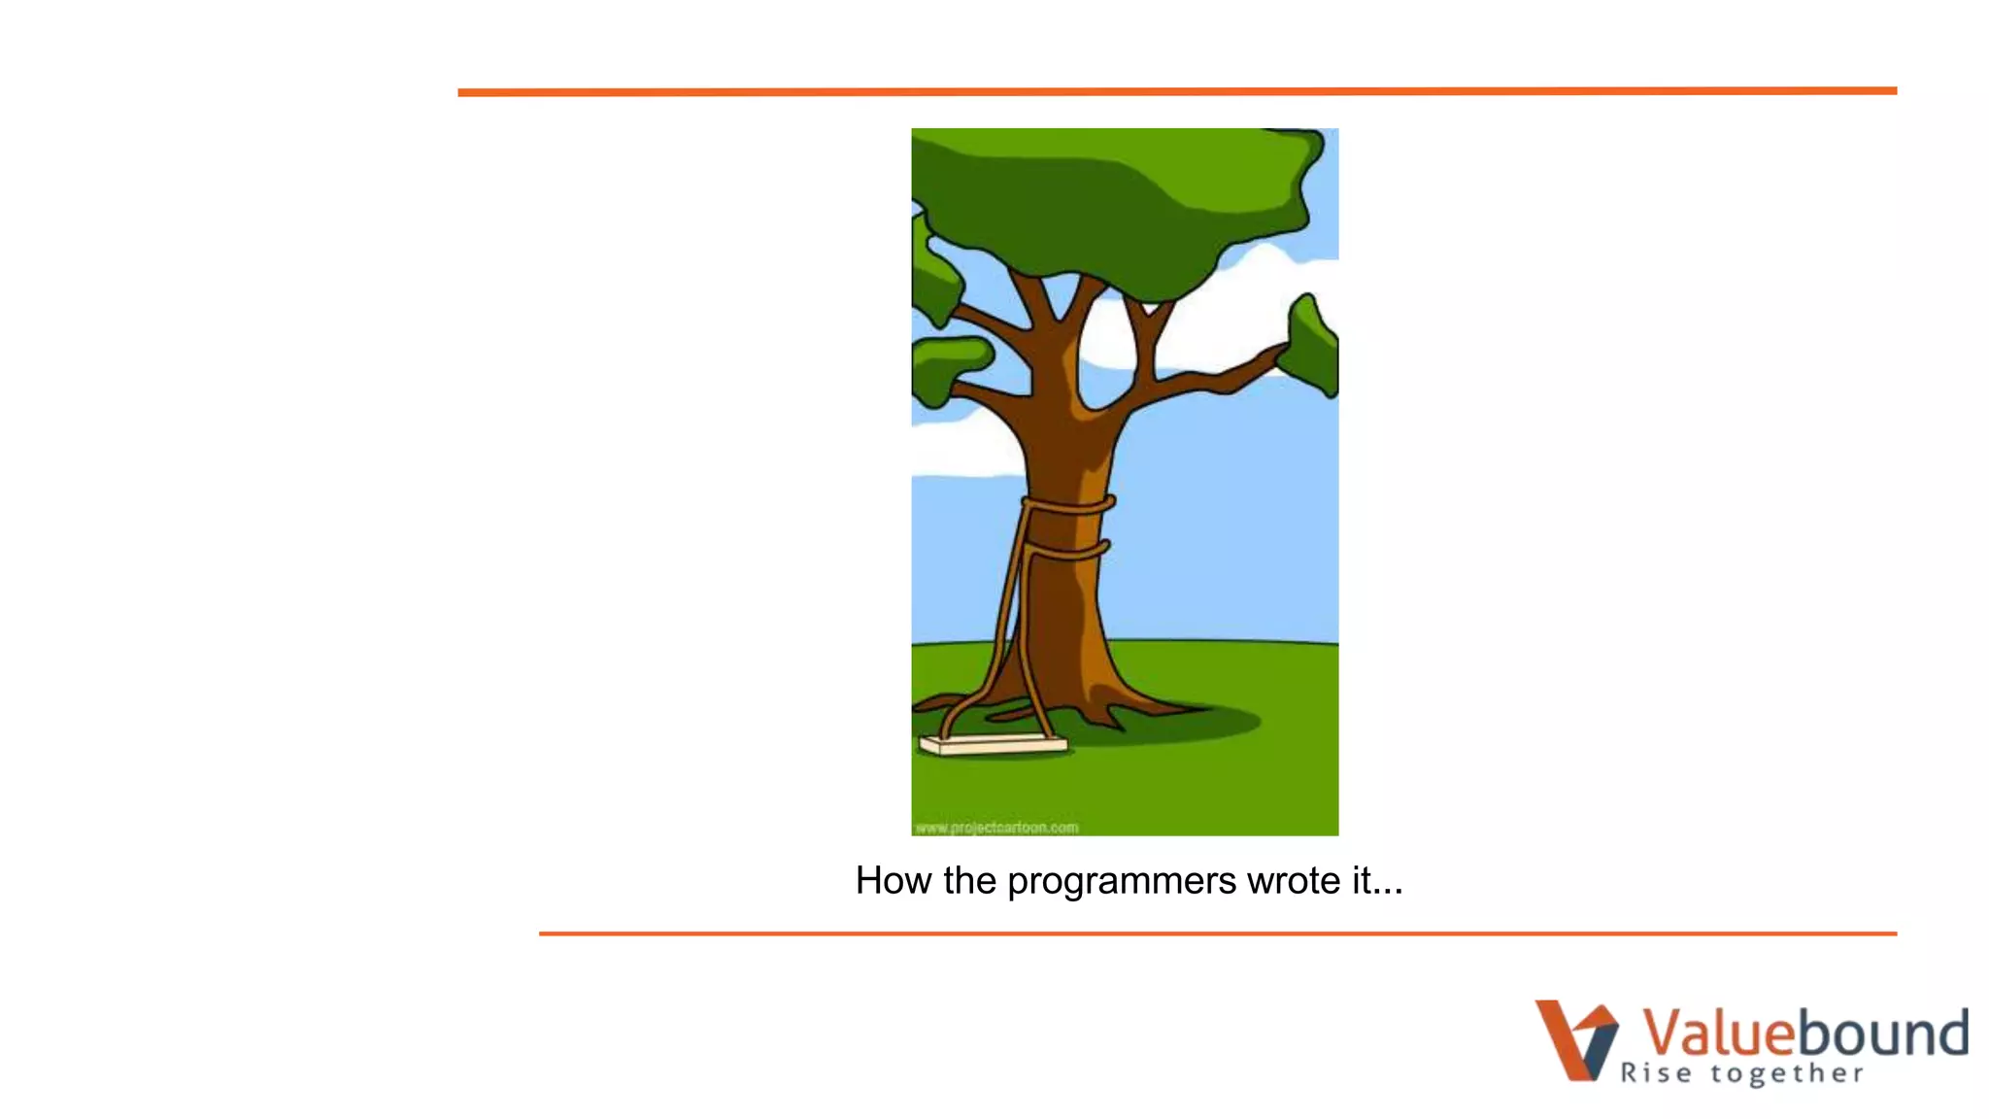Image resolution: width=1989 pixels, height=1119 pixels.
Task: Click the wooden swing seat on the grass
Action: tap(993, 745)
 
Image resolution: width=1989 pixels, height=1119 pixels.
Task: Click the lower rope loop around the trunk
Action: tap(1068, 552)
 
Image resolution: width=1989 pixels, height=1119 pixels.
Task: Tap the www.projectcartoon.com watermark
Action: tap(996, 828)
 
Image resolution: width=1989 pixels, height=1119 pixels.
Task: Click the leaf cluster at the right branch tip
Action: tap(1311, 348)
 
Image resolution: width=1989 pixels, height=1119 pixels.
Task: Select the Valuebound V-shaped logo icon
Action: tap(1575, 1039)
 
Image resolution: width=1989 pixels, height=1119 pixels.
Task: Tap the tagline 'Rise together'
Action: tap(1741, 1073)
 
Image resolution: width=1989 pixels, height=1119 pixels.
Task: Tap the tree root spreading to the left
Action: tap(947, 702)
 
